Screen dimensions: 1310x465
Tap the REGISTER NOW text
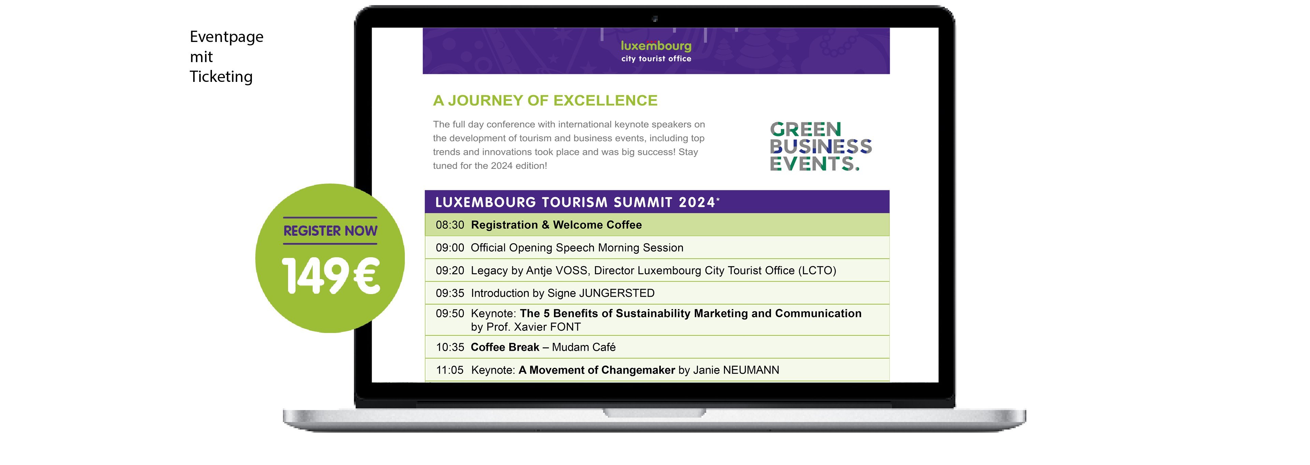[330, 231]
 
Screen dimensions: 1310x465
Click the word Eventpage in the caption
[226, 38]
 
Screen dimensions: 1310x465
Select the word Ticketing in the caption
[221, 77]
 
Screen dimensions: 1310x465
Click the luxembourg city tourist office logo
[656, 51]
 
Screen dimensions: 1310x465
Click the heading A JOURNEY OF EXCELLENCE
[545, 101]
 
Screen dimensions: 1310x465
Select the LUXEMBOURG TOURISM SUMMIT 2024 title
[576, 202]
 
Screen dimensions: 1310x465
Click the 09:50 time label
[450, 314]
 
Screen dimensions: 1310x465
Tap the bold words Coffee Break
[505, 347]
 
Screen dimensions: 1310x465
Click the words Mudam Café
[584, 347]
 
